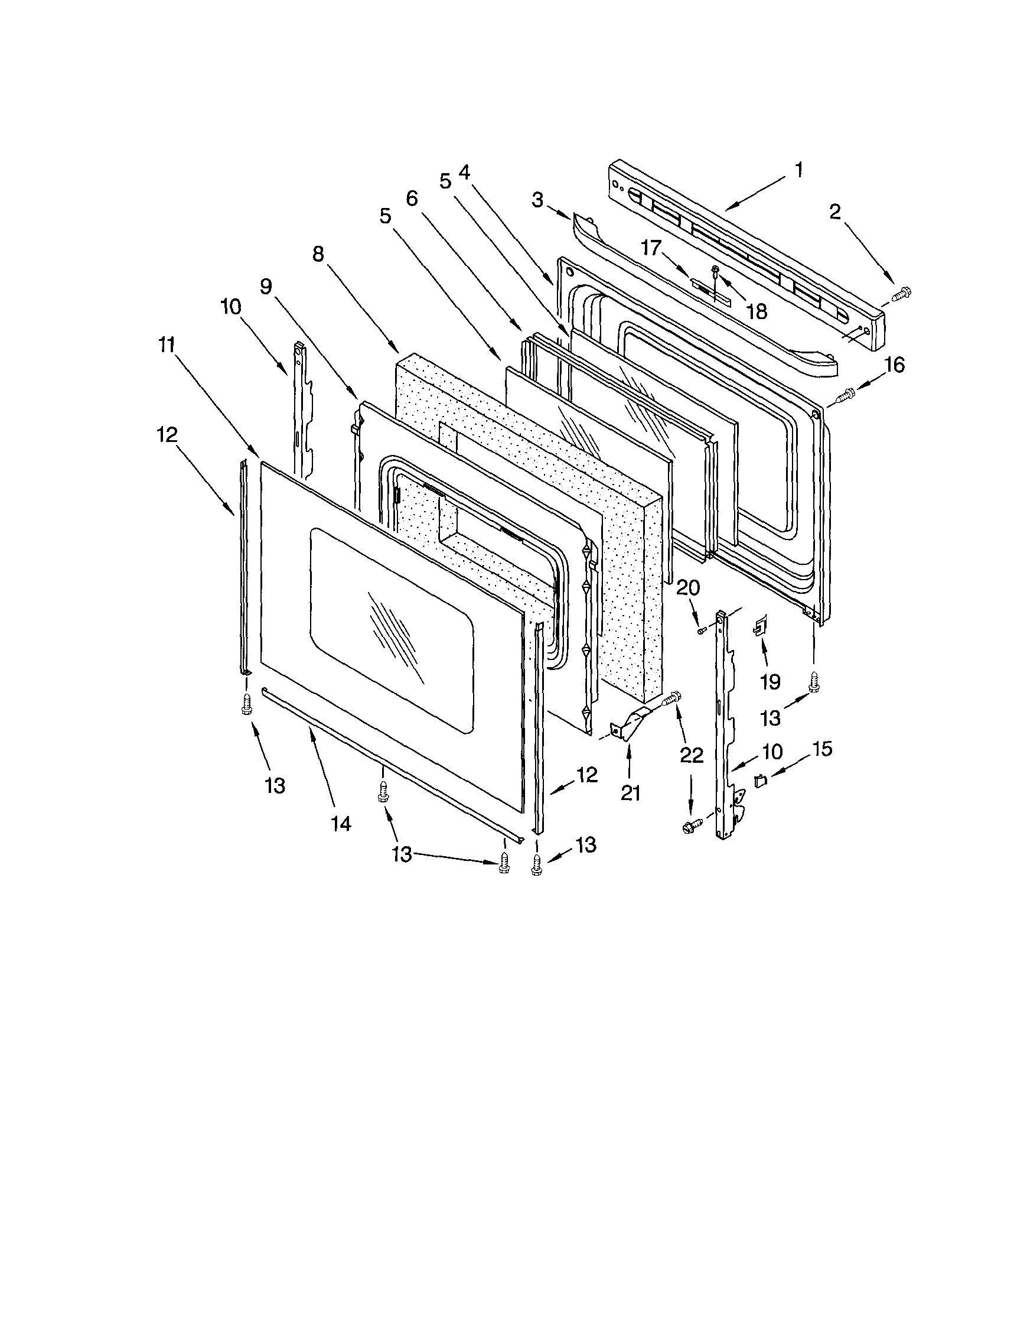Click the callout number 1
pos(798,170)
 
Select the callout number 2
pos(835,212)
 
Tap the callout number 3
pos(537,200)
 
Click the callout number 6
pos(412,199)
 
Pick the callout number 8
pos(318,255)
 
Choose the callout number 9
pos(266,286)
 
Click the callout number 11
pos(167,345)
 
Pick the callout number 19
pos(770,682)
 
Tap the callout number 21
pos(630,792)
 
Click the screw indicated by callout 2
pos(901,295)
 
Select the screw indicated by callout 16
pos(846,396)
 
